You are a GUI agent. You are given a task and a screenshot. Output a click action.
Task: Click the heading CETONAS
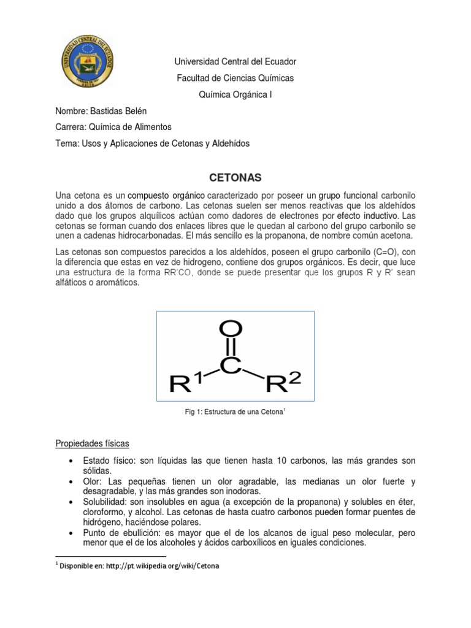point(235,178)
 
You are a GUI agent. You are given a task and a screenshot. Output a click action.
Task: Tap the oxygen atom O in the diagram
point(229,332)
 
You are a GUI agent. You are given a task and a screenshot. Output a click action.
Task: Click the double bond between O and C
point(229,348)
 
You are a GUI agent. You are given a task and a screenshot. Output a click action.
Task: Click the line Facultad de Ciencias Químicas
point(235,78)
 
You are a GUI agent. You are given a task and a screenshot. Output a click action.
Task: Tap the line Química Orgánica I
point(235,94)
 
